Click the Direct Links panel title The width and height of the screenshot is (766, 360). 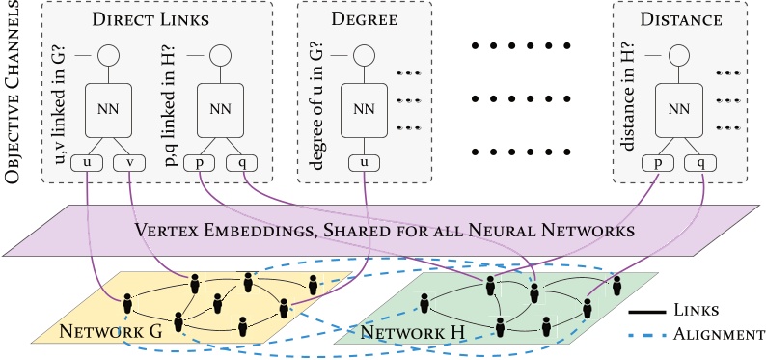click(157, 18)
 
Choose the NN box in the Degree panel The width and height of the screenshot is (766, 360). click(364, 109)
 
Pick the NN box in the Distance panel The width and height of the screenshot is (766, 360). click(679, 109)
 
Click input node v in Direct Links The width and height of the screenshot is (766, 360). click(129, 163)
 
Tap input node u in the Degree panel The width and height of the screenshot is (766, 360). click(364, 163)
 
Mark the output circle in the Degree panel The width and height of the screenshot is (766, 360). click(364, 55)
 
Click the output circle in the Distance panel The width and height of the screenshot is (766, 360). click(679, 55)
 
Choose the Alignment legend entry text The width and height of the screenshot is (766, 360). click(719, 334)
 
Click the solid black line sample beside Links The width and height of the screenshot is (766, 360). click(649, 310)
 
